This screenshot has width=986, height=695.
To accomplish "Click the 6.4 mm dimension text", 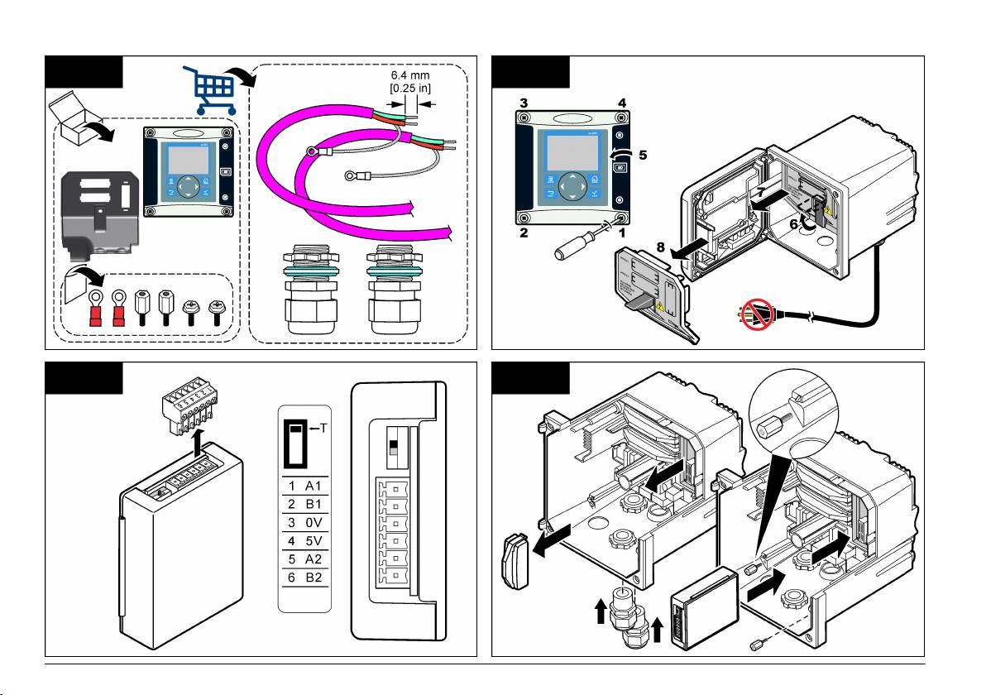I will click(411, 75).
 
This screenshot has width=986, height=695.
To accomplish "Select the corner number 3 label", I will click(523, 103).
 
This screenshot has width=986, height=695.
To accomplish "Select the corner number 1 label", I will click(622, 234).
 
